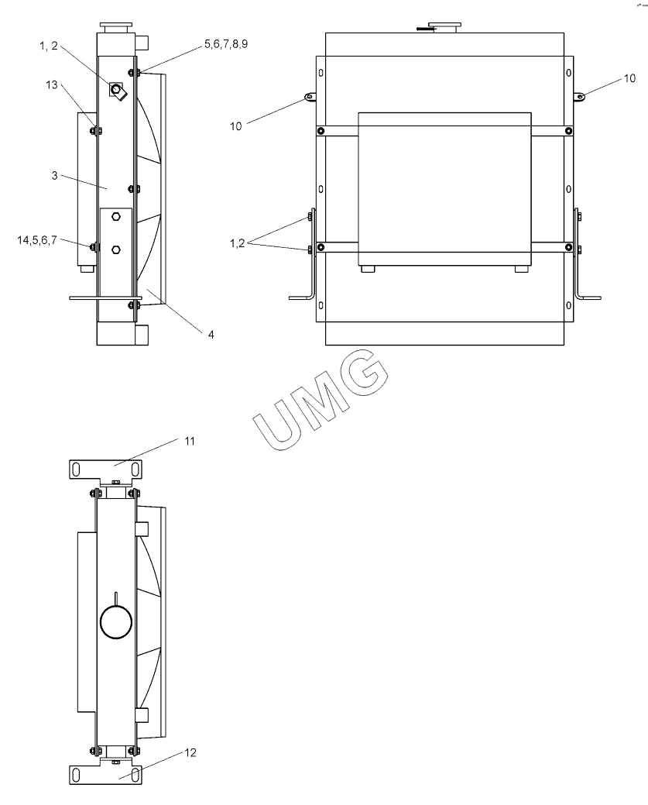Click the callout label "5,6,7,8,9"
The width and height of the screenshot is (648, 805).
click(226, 44)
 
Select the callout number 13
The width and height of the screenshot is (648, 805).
click(52, 84)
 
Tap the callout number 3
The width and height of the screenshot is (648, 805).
click(54, 176)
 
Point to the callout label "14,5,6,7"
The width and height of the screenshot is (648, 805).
click(37, 239)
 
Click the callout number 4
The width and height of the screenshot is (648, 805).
click(211, 334)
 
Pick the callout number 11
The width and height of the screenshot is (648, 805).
click(190, 441)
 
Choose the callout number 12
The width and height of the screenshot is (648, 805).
click(190, 752)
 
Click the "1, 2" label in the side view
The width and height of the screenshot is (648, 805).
click(50, 46)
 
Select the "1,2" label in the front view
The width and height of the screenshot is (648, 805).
click(238, 243)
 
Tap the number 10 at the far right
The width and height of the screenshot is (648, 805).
click(629, 78)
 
